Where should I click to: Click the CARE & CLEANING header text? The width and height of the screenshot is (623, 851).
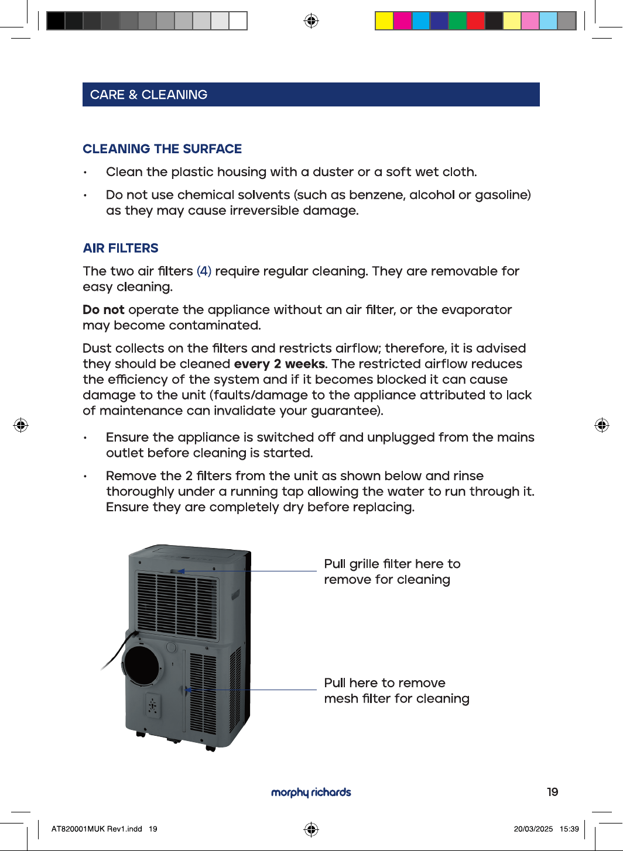point(149,95)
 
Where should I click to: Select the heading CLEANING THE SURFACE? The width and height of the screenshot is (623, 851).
point(162,149)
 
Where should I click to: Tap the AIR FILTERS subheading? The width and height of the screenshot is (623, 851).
point(121,248)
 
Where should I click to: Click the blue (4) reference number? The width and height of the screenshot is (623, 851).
point(204,271)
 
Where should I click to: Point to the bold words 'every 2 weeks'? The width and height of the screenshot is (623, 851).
point(279,364)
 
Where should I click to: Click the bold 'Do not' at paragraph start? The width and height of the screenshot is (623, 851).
point(104,309)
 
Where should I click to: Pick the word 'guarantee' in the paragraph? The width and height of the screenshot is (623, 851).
point(345,411)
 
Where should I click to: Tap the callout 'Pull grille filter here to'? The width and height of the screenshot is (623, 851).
point(392,564)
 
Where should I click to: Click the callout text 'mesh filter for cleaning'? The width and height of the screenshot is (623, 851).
point(397,698)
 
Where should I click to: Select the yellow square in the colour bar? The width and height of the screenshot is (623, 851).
point(384,20)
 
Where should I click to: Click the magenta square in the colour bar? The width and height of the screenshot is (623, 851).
point(402,20)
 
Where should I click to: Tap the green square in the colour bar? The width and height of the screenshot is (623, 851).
point(457,20)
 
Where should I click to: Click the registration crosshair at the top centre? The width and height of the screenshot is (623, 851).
point(311,20)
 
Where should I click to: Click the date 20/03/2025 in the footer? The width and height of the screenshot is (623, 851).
point(533,829)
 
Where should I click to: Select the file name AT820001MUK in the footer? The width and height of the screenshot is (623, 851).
point(78,829)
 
